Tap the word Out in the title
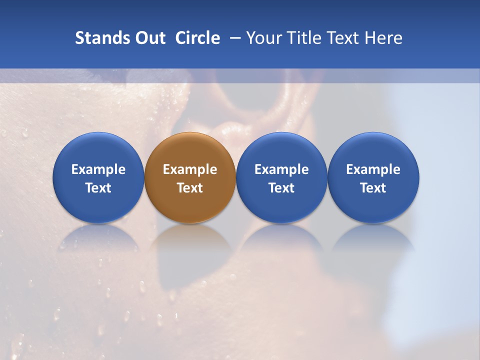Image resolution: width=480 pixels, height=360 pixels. click(149, 38)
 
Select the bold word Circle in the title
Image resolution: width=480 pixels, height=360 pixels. click(197, 38)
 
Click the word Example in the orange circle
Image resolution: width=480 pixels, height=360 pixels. click(190, 169)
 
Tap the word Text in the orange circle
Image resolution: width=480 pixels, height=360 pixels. click(190, 188)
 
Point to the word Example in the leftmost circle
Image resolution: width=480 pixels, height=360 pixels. click(98, 169)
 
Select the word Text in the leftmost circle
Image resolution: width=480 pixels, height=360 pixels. click(98, 188)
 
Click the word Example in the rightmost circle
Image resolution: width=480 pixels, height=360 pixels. click(373, 169)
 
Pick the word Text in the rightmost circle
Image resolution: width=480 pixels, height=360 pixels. click(373, 188)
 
